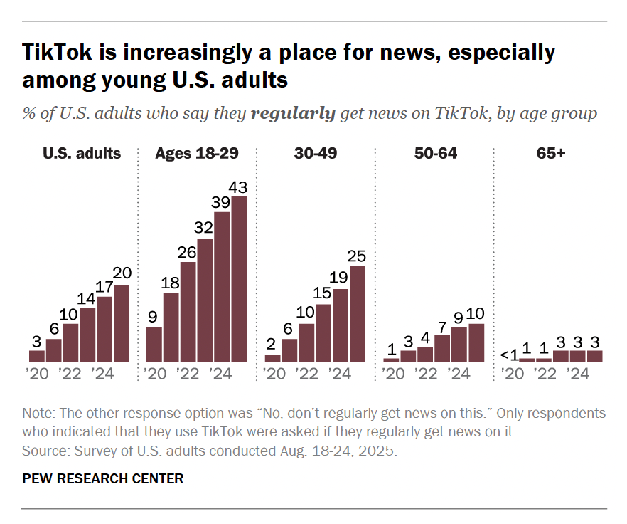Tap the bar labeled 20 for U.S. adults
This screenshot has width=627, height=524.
pos(122,323)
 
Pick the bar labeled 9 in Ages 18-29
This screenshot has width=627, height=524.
pos(154,345)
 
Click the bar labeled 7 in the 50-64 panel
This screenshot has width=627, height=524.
pos(442,348)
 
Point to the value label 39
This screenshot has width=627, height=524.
pos(222,203)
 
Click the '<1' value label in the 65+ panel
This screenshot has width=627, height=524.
pos(508,355)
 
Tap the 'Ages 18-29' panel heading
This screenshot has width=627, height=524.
pos(196,153)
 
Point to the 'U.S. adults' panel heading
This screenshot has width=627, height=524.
pos(81,153)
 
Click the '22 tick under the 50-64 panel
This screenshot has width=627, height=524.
pos(425,374)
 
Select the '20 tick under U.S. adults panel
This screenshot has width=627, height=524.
pos(37,374)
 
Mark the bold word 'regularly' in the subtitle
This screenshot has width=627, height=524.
pos(293,114)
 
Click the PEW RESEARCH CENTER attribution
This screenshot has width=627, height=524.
pos(103,478)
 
